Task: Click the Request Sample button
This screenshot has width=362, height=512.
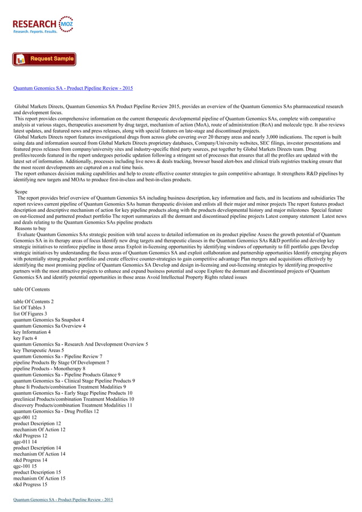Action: (45, 59)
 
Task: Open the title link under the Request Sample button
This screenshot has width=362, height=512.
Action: (73, 89)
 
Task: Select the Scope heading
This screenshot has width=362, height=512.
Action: (21, 192)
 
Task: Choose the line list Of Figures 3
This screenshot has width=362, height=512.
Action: (30, 313)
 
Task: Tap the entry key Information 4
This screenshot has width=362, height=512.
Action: (32, 331)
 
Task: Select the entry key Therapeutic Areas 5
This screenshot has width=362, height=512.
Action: (39, 350)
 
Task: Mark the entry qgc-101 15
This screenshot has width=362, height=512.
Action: (25, 466)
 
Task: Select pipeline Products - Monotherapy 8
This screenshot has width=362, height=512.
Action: (49, 368)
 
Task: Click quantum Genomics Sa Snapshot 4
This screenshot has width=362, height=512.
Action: (49, 320)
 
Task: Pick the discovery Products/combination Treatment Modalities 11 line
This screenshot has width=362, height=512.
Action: (73, 405)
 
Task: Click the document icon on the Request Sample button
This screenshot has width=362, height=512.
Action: (20, 59)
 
